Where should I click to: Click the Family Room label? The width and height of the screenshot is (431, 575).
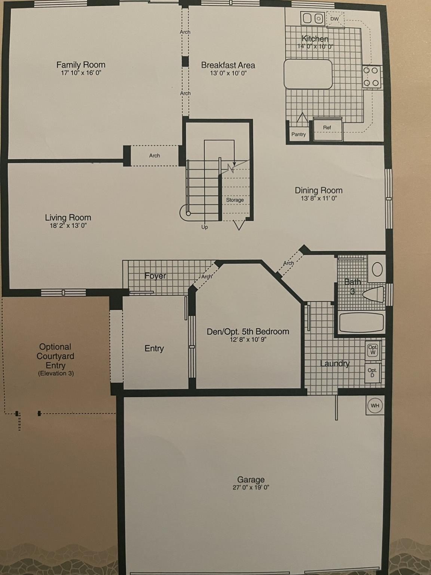click(81, 65)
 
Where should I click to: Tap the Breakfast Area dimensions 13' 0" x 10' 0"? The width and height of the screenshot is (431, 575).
click(229, 73)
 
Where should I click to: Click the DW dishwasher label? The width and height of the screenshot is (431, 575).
click(334, 19)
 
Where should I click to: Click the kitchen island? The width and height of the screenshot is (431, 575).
click(308, 74)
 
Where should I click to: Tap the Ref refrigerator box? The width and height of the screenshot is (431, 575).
click(328, 130)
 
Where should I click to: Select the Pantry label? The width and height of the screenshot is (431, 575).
click(299, 134)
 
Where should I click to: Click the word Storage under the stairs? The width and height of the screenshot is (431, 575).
click(235, 200)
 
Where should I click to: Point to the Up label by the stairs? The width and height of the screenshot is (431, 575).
click(205, 227)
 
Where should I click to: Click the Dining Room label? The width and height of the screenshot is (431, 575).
click(318, 191)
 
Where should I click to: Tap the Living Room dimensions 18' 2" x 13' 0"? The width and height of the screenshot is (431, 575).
click(68, 226)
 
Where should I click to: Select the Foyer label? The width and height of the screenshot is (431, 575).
click(155, 276)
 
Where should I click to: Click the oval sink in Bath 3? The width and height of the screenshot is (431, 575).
click(377, 269)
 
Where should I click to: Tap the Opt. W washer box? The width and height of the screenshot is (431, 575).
click(373, 350)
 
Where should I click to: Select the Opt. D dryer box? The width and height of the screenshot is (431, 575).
click(372, 372)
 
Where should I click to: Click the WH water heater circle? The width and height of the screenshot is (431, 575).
click(375, 405)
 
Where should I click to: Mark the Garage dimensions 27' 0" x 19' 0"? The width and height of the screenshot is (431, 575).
click(251, 487)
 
